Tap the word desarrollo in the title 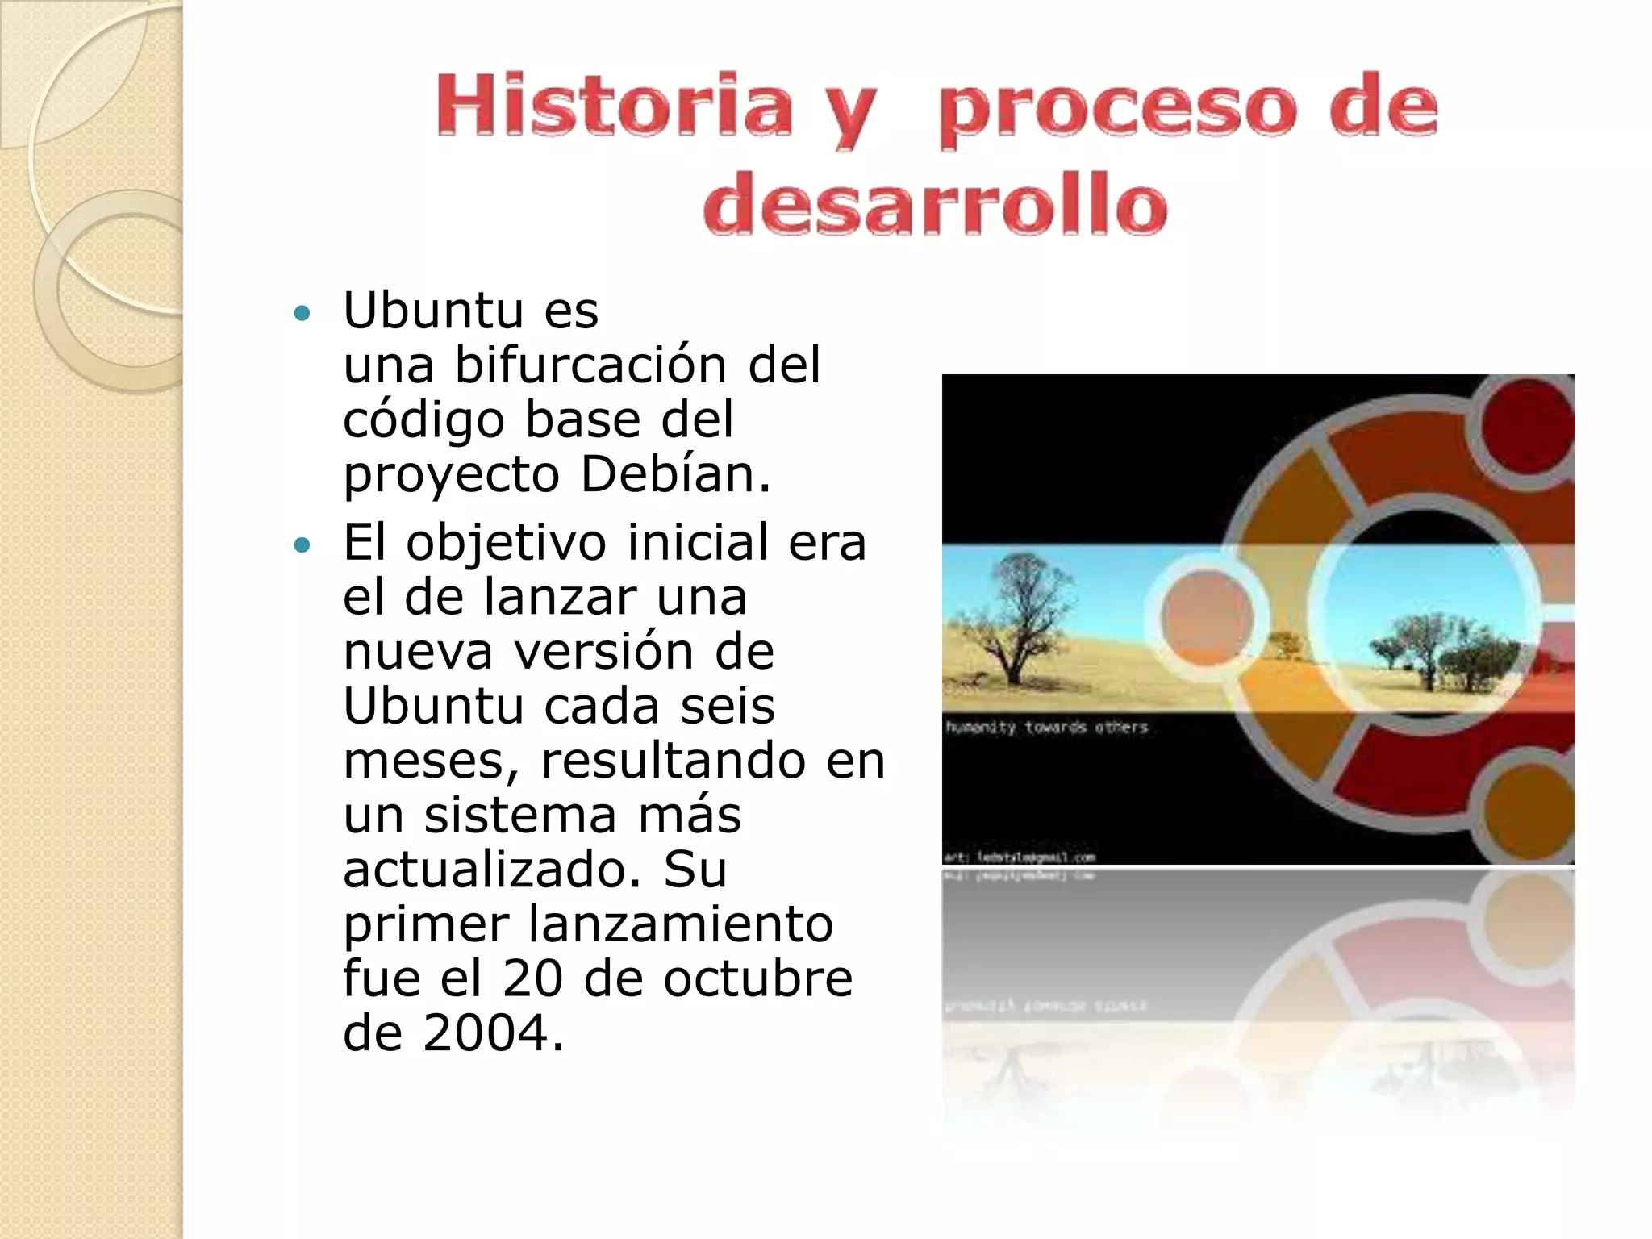(x=936, y=204)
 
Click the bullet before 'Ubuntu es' (x=302, y=313)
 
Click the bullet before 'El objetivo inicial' (x=302, y=546)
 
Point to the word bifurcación (x=590, y=365)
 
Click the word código (x=424, y=419)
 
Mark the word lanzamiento (x=681, y=924)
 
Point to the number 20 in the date (x=532, y=978)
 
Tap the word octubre (x=758, y=978)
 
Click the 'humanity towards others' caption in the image (x=1046, y=728)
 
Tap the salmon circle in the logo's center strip (x=1208, y=617)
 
